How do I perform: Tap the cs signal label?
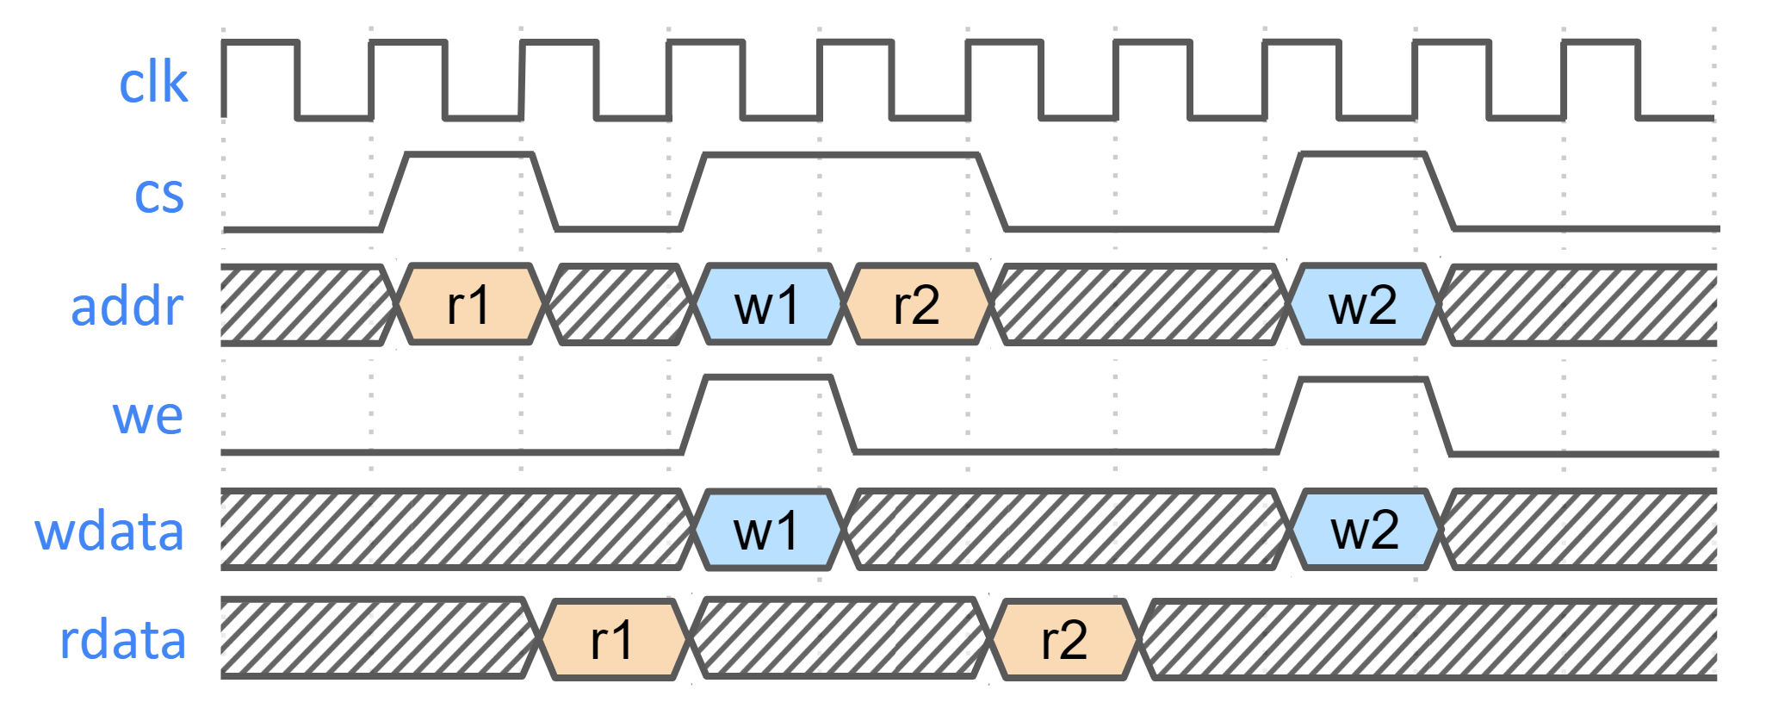pos(159,194)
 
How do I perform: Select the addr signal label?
pos(127,306)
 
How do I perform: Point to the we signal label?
pos(147,416)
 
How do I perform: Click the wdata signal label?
pos(109,531)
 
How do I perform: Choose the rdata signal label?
pos(122,640)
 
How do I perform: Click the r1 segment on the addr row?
pos(470,305)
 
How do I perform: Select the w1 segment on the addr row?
pos(766,305)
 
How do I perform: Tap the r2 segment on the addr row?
pos(916,305)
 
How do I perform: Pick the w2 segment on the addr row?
pos(1363,305)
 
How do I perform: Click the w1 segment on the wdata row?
pos(766,530)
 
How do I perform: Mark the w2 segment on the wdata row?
pos(1365,530)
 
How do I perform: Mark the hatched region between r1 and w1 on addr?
pos(619,305)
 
